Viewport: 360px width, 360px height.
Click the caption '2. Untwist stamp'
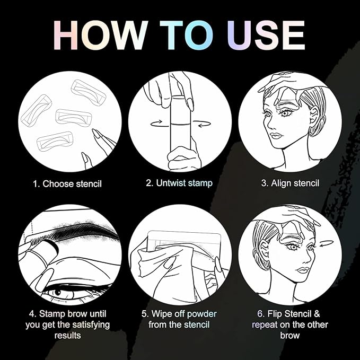click(179, 183)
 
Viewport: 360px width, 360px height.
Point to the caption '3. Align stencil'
click(290, 183)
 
